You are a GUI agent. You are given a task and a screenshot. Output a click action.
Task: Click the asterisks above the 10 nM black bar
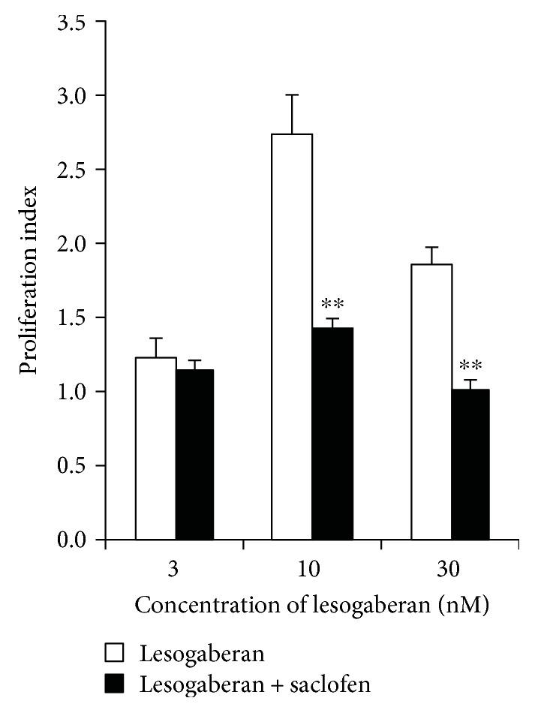click(332, 304)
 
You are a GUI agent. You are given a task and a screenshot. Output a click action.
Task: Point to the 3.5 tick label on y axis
click(74, 23)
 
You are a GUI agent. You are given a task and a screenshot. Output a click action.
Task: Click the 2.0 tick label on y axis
click(74, 244)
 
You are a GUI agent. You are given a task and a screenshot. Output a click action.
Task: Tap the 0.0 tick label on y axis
click(74, 540)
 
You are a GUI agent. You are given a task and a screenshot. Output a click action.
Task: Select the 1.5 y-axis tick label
click(74, 317)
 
